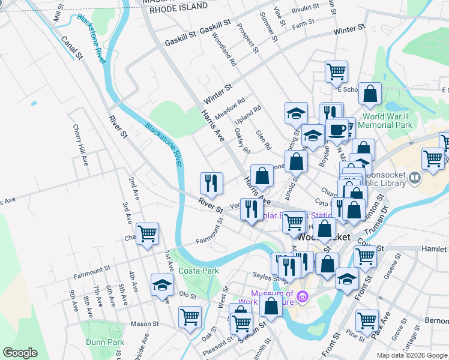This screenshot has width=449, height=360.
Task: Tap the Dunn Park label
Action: (x=104, y=343)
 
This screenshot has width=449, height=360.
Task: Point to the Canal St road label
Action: (x=71, y=47)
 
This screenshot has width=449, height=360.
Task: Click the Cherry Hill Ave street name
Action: (x=79, y=145)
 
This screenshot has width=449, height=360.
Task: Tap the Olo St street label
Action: (x=188, y=295)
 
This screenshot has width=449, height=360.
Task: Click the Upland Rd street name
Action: (x=249, y=117)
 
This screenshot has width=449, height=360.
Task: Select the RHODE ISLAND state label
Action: (x=178, y=8)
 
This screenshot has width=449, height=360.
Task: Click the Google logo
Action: (x=20, y=353)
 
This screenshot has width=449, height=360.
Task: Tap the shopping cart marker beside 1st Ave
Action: (x=147, y=234)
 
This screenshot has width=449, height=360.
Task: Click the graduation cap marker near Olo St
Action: (x=161, y=285)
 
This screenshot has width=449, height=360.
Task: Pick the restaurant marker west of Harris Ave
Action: (x=211, y=182)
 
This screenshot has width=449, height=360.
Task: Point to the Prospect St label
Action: (x=247, y=38)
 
